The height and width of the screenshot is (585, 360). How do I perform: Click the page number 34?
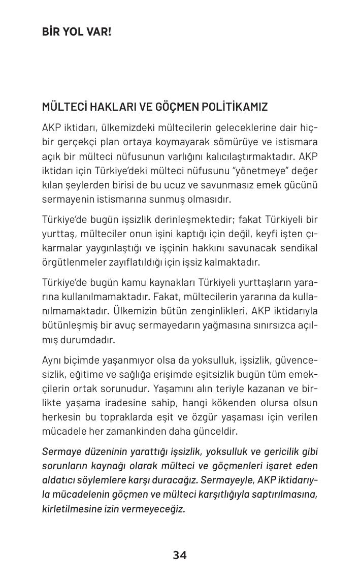pos(180,556)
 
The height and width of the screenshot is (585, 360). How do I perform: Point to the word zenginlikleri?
pos(208,311)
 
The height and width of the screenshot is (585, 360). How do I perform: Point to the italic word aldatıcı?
pos(58,480)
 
